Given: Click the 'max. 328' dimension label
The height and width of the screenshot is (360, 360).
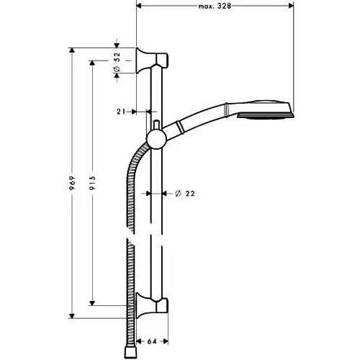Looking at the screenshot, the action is coord(215,6).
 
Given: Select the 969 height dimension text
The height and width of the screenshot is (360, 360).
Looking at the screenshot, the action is coord(72,183).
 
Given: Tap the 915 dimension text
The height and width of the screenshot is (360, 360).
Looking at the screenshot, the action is coord(92,183).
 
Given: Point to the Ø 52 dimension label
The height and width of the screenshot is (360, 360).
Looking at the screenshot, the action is coord(117,62).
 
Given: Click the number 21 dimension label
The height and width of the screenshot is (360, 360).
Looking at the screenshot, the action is coord(121,112).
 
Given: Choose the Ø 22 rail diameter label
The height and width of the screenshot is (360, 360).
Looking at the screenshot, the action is coord(185,193).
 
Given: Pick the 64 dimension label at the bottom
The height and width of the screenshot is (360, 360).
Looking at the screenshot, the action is coord(152,341).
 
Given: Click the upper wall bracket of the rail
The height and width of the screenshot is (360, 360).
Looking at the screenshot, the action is coord(152,60).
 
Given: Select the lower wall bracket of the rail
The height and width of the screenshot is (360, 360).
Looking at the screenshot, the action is coord(152,305).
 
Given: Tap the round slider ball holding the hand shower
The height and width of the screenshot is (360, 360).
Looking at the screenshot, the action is coord(156,140).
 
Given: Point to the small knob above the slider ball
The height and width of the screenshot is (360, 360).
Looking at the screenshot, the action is coord(156,125).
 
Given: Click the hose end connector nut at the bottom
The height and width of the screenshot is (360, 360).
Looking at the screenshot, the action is coord(130,352).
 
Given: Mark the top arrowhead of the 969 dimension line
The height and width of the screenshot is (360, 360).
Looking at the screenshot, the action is coord(71,50).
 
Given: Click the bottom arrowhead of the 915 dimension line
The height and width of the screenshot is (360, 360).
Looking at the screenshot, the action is coord(92,303).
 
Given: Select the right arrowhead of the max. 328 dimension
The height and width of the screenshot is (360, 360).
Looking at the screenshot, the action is coord(291,6).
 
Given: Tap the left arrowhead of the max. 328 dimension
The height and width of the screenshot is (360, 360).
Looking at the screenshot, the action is coord(139,6).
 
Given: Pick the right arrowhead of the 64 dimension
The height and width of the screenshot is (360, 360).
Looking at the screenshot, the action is coord(166,341).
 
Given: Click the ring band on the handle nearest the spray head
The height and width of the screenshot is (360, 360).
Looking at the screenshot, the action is coord(226,110).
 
